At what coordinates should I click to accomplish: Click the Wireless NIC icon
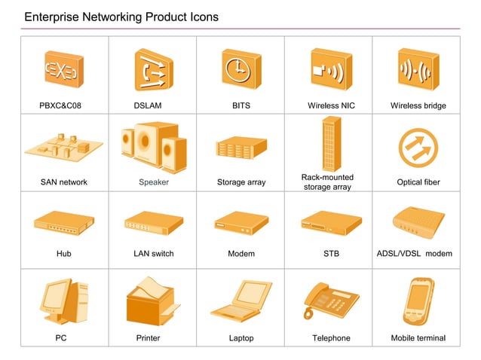(x=329, y=70)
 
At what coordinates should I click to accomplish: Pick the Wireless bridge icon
(x=417, y=70)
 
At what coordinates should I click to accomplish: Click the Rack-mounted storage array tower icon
(x=327, y=144)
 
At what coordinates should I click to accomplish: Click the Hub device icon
(x=63, y=224)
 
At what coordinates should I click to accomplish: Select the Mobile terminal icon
(x=418, y=301)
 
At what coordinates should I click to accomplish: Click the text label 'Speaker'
(x=154, y=182)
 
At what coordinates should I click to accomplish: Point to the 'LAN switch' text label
(x=154, y=254)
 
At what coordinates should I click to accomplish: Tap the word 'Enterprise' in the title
(x=53, y=17)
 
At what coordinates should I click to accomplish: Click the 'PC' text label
(x=61, y=338)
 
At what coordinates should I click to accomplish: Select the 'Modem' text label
(x=241, y=254)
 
